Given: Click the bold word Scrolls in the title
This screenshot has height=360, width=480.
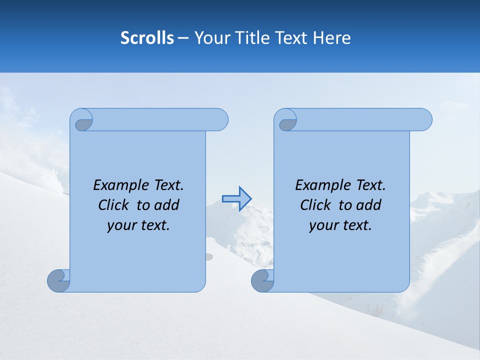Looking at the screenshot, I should [147, 38].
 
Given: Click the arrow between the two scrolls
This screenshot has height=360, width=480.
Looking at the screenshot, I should [236, 199].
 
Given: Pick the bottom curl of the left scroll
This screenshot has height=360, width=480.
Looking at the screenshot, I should [58, 280].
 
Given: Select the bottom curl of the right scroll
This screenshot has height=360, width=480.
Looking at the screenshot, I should [262, 280].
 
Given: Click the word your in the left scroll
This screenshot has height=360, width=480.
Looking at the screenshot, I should [120, 225].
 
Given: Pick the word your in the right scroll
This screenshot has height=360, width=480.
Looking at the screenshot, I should [322, 225].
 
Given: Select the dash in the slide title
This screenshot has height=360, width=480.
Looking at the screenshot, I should [183, 38].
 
